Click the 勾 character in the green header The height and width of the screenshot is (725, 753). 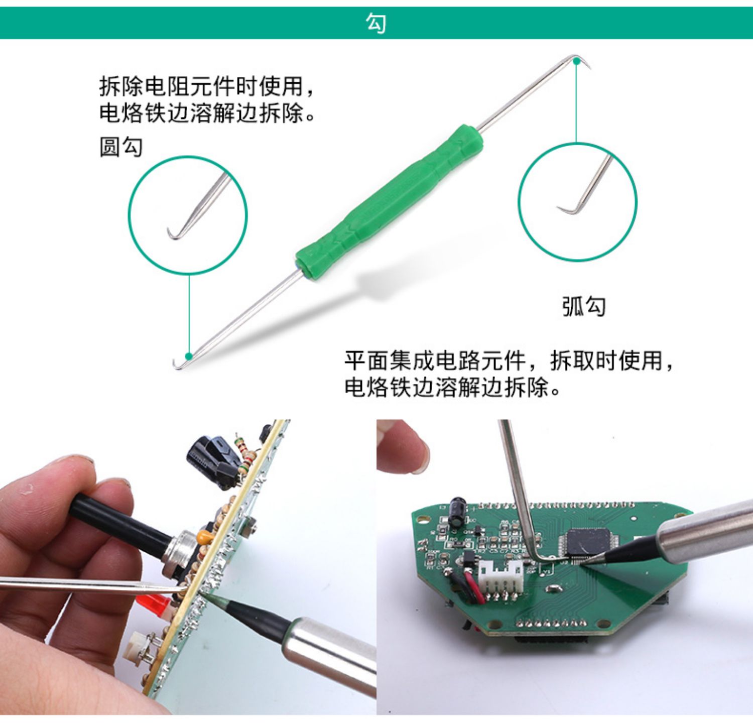pyautogui.click(x=376, y=23)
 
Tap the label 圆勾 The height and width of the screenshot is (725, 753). pyautogui.click(x=121, y=147)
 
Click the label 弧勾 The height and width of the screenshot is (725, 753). pyautogui.click(x=584, y=306)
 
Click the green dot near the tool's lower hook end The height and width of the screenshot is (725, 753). pyautogui.click(x=189, y=356)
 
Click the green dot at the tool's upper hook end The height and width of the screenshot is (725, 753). pyautogui.click(x=577, y=61)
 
